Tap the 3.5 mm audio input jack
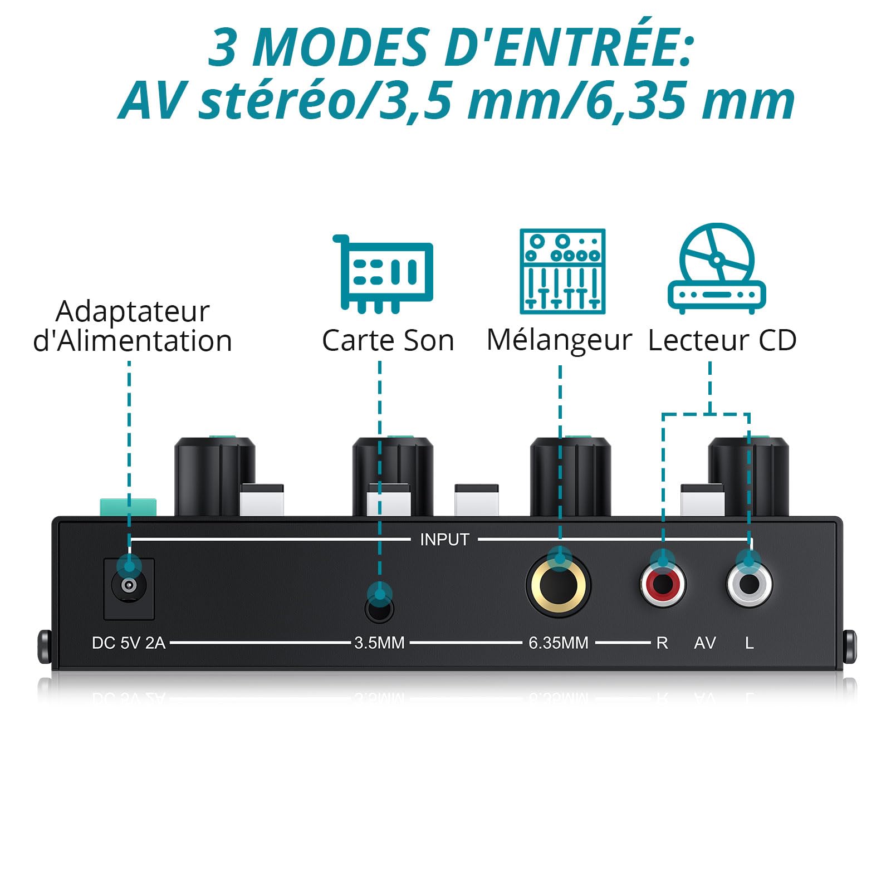379,608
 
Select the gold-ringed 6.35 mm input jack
558,585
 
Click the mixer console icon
562,271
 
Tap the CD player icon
717,268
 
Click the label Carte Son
388,340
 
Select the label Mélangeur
559,340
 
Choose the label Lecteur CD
722,340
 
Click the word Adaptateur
133,312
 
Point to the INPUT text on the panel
444,539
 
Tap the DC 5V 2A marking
129,643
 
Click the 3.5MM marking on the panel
379,643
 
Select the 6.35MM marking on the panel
559,643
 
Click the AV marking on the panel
705,643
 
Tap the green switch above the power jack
128,507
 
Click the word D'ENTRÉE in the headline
568,47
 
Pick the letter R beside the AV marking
662,643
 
